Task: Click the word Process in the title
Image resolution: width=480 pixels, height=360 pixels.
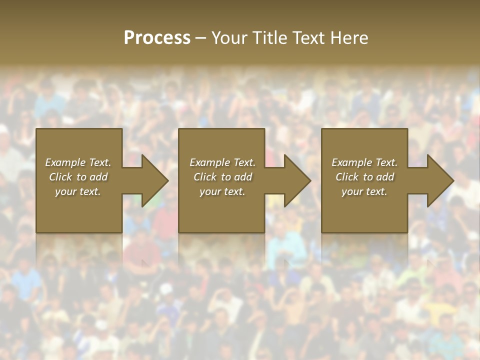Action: coord(157,38)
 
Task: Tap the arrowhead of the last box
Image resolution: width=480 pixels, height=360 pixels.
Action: coord(439,180)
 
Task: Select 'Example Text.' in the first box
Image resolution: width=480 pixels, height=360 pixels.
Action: coord(78,162)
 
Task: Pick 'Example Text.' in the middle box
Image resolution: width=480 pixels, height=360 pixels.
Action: coord(222,162)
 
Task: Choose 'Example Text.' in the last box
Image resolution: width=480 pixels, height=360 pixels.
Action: coord(364,162)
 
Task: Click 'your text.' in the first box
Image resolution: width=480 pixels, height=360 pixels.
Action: coord(78,191)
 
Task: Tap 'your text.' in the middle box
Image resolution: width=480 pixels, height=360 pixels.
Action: coord(222,191)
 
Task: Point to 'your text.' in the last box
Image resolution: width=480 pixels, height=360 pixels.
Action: coord(364,191)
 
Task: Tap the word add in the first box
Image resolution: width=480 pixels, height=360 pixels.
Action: coord(98,177)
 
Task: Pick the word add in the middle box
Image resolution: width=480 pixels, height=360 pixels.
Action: coord(243,177)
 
